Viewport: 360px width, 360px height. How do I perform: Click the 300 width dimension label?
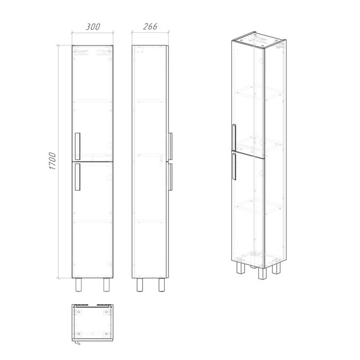(93, 27)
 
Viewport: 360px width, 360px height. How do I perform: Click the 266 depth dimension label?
(150, 27)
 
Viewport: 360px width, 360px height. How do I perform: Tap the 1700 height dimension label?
(52, 161)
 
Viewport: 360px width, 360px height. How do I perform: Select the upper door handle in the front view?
(78, 146)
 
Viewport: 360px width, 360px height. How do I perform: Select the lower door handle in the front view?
(78, 177)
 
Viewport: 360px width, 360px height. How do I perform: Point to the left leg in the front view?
(79, 285)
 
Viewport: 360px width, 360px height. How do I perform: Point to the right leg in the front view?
(106, 285)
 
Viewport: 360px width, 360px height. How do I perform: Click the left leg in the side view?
(140, 285)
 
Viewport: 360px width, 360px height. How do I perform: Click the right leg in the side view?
(162, 285)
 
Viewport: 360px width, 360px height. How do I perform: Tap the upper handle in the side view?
(171, 146)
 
